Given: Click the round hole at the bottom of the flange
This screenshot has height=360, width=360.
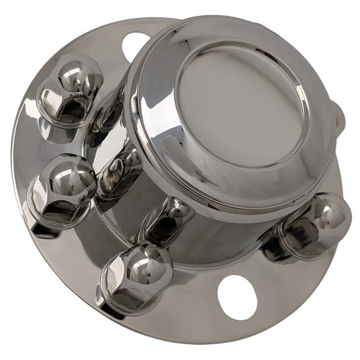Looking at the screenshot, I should tap(236, 296).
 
